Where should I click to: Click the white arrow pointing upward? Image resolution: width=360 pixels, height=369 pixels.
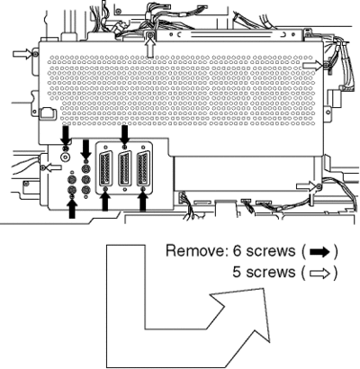click(150, 48)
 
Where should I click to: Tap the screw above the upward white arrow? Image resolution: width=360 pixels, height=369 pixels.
click(150, 36)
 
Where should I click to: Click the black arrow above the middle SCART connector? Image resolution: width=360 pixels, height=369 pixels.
click(124, 135)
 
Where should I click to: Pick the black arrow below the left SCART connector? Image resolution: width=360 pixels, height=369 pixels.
click(104, 202)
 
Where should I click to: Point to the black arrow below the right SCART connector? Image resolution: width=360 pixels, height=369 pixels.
click(143, 202)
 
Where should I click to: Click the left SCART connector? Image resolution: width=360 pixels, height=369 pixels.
click(105, 169)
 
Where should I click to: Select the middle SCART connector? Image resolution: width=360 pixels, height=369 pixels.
click(124, 169)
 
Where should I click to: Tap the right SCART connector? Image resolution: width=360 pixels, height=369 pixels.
click(143, 169)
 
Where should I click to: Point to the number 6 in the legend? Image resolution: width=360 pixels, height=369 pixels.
click(238, 251)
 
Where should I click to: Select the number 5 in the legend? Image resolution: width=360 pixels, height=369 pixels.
click(237, 273)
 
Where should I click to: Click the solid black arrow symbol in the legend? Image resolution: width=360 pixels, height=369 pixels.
click(319, 252)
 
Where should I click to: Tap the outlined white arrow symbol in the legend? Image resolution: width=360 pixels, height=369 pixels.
click(319, 274)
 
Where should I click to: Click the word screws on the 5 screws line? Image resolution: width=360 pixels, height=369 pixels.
click(270, 274)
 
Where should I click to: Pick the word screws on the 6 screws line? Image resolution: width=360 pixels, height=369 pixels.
click(271, 252)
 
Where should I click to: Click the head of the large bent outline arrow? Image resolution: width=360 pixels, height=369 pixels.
click(246, 315)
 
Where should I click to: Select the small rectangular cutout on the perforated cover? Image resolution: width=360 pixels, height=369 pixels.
click(48, 113)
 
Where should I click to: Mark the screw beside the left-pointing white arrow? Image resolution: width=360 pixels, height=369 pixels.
click(43, 167)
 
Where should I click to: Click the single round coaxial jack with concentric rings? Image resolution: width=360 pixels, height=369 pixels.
click(65, 156)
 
